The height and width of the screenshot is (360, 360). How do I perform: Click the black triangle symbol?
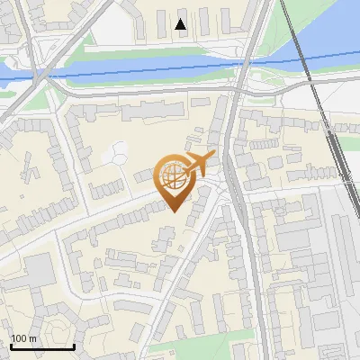(x=181, y=24)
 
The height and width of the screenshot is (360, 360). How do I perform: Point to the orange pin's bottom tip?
(x=175, y=211)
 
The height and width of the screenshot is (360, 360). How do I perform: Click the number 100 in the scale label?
(x=19, y=337)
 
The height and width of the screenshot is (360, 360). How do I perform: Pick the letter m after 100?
(x=32, y=337)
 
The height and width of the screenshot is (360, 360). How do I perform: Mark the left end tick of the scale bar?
(x=10, y=346)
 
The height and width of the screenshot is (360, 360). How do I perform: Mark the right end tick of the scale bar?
(x=74, y=346)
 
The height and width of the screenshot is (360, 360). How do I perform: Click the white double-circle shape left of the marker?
(x=116, y=153)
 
